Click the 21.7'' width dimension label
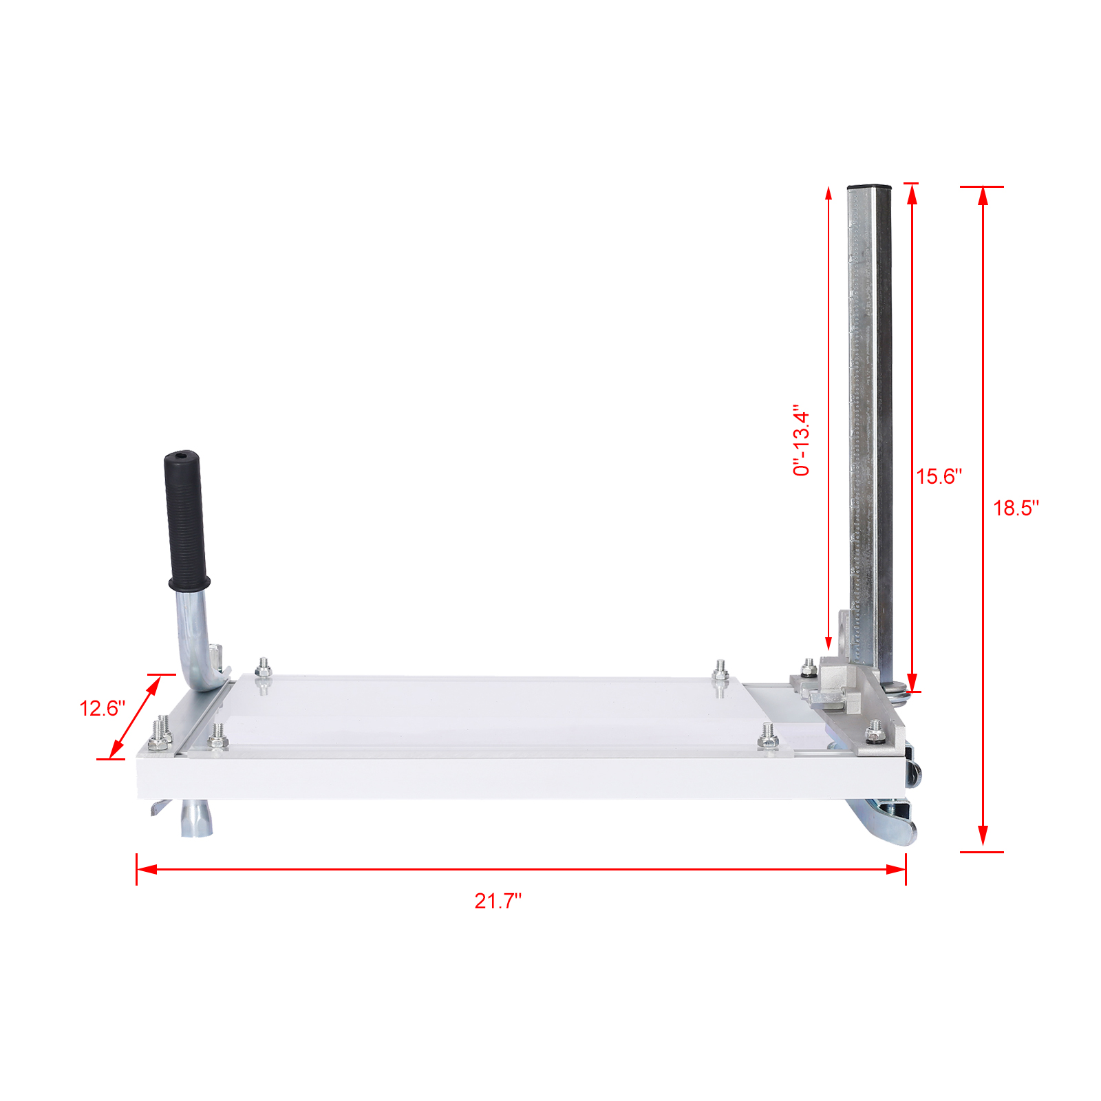pos(498,901)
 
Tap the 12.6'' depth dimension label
pos(102,708)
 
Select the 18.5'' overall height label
pos(1016,509)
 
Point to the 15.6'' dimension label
pos(939,476)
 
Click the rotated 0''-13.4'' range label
pos(802,440)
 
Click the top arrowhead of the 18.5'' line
pos(983,195)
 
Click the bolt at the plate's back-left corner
pos(263,667)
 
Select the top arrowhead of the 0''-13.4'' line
pos(829,193)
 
